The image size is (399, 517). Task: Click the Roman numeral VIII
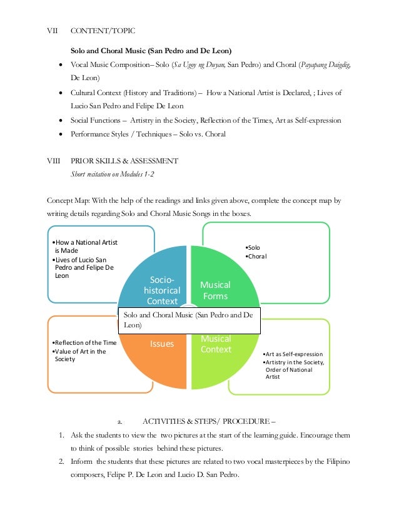[54, 161]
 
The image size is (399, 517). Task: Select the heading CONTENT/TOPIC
[102, 30]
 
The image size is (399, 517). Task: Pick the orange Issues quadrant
[161, 344]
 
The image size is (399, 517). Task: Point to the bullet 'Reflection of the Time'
[85, 343]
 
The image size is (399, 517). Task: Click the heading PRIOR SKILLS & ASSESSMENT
[125, 161]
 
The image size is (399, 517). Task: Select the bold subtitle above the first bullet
[153, 49]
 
